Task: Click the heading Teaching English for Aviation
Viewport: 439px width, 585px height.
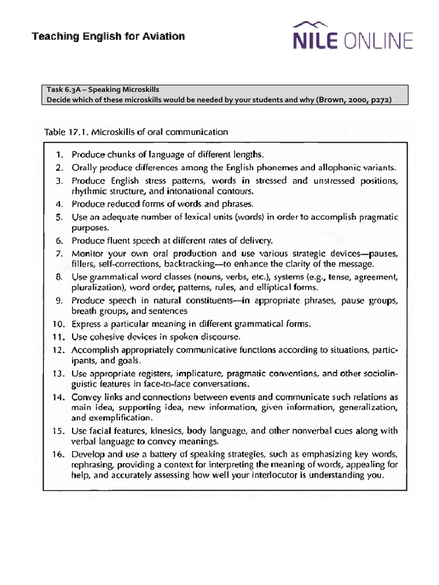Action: pos(108,37)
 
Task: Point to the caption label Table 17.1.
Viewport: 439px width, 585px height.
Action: pos(62,132)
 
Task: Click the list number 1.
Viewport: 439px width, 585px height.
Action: pos(59,154)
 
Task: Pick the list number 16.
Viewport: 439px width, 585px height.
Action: pos(57,454)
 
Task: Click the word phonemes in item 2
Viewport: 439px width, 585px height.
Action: pos(278,167)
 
